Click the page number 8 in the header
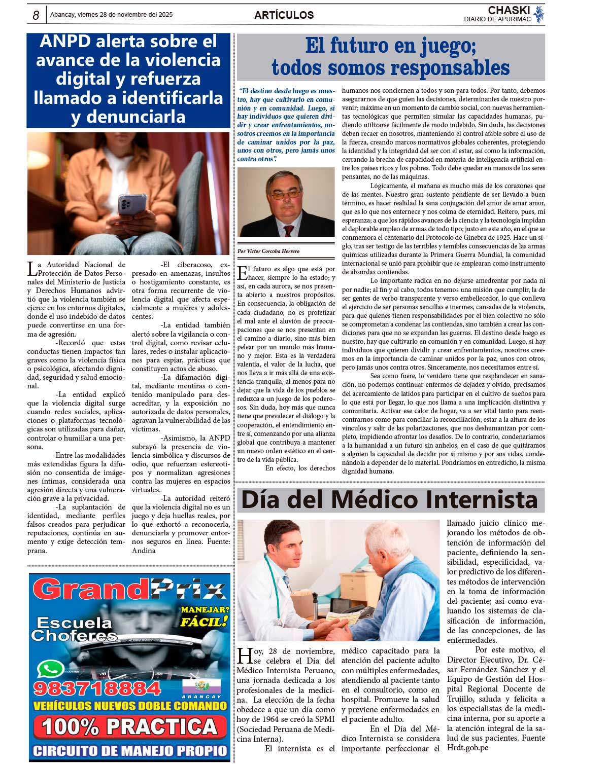pos(36,16)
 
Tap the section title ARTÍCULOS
pos(284,15)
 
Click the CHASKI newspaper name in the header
pos(509,11)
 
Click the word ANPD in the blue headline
pos(64,42)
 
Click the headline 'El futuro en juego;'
pos(390,46)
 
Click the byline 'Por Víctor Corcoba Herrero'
pos(268,251)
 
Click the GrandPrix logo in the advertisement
pos(129,590)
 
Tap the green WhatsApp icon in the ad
pos(50,669)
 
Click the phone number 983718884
pos(97,688)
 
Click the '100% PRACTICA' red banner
pos(129,727)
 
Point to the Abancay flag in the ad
pos(201,686)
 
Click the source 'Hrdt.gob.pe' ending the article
pos(467,748)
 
